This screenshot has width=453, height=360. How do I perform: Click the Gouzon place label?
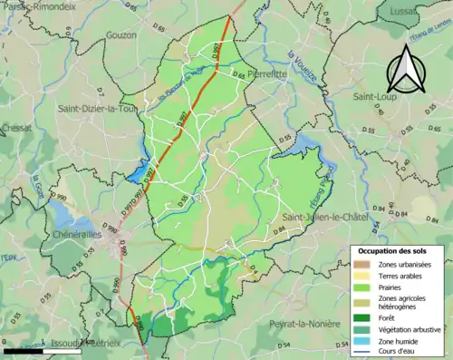click(x=120, y=34)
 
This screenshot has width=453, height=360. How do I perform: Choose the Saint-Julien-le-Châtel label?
click(x=324, y=218)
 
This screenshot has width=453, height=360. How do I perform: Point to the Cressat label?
click(x=14, y=130)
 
